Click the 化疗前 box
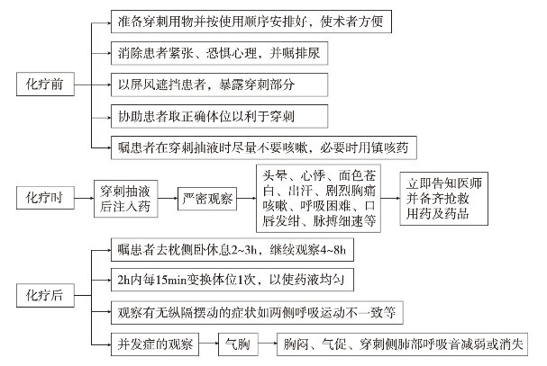tap(45, 84)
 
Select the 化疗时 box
tap(45, 198)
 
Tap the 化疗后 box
tap(45, 295)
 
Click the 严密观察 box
tap(207, 199)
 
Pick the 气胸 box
tap(238, 344)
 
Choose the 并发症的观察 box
tap(155, 344)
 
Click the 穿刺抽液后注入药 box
tap(125, 199)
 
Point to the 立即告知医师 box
tap(443, 199)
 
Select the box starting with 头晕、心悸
tap(318, 199)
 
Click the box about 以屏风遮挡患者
tap(219, 85)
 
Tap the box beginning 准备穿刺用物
tap(251, 22)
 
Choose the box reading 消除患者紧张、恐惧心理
tap(219, 53)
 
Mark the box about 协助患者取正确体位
tap(219, 116)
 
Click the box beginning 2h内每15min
tap(232, 280)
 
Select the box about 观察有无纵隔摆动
tap(257, 313)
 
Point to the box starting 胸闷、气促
tap(402, 344)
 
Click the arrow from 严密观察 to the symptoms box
tap(247, 199)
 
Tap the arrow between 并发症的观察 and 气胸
tap(208, 344)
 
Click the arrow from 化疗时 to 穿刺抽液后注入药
tap(84, 198)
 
